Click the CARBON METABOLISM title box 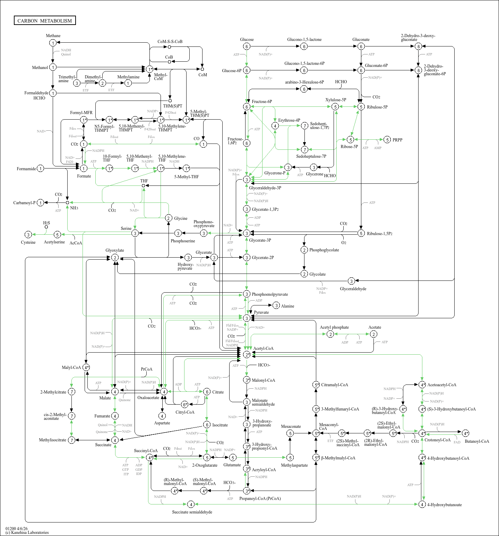pos(45,21)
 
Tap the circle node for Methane pos(53,43)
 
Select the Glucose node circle pos(247,46)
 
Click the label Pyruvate pos(261,312)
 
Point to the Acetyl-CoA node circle pos(247,354)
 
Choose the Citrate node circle pos(207,392)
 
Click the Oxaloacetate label pos(148,398)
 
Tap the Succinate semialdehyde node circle pos(191,504)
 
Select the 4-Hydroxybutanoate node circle pos(422,504)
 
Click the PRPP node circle pos(387,140)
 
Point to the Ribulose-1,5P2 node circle pos(361,233)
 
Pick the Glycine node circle pos(169,218)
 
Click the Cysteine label pos(28,242)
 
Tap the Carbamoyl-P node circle pos(41,202)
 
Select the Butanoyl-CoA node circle pos(466,433)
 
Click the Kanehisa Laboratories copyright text pos(27,533)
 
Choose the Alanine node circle pos(276,305)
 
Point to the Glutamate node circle pos(233,458)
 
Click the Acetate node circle pos(373,334)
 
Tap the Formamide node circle pos(41,168)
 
